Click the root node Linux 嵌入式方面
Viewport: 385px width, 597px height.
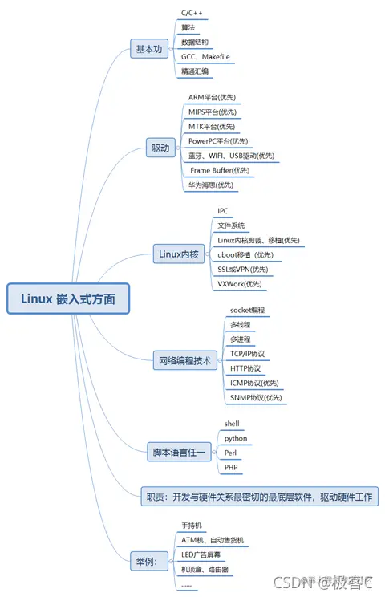point(67,298)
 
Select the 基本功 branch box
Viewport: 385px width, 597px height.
point(148,49)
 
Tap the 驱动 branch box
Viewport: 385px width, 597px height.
point(160,148)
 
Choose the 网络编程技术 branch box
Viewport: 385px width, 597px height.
point(184,361)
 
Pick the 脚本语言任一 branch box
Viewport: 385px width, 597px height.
point(179,453)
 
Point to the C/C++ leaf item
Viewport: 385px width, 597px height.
point(192,13)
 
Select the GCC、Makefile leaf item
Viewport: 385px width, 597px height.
point(205,57)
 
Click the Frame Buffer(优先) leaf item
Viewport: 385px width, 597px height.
point(220,170)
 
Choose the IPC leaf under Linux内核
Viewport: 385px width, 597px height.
point(223,211)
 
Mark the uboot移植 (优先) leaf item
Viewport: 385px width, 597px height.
point(250,254)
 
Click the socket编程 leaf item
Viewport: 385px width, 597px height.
point(247,310)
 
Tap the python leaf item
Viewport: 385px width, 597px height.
point(236,438)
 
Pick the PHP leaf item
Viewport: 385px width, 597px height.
point(231,467)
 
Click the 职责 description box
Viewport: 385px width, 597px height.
point(258,496)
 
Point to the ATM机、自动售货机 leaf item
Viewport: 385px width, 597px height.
point(212,540)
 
